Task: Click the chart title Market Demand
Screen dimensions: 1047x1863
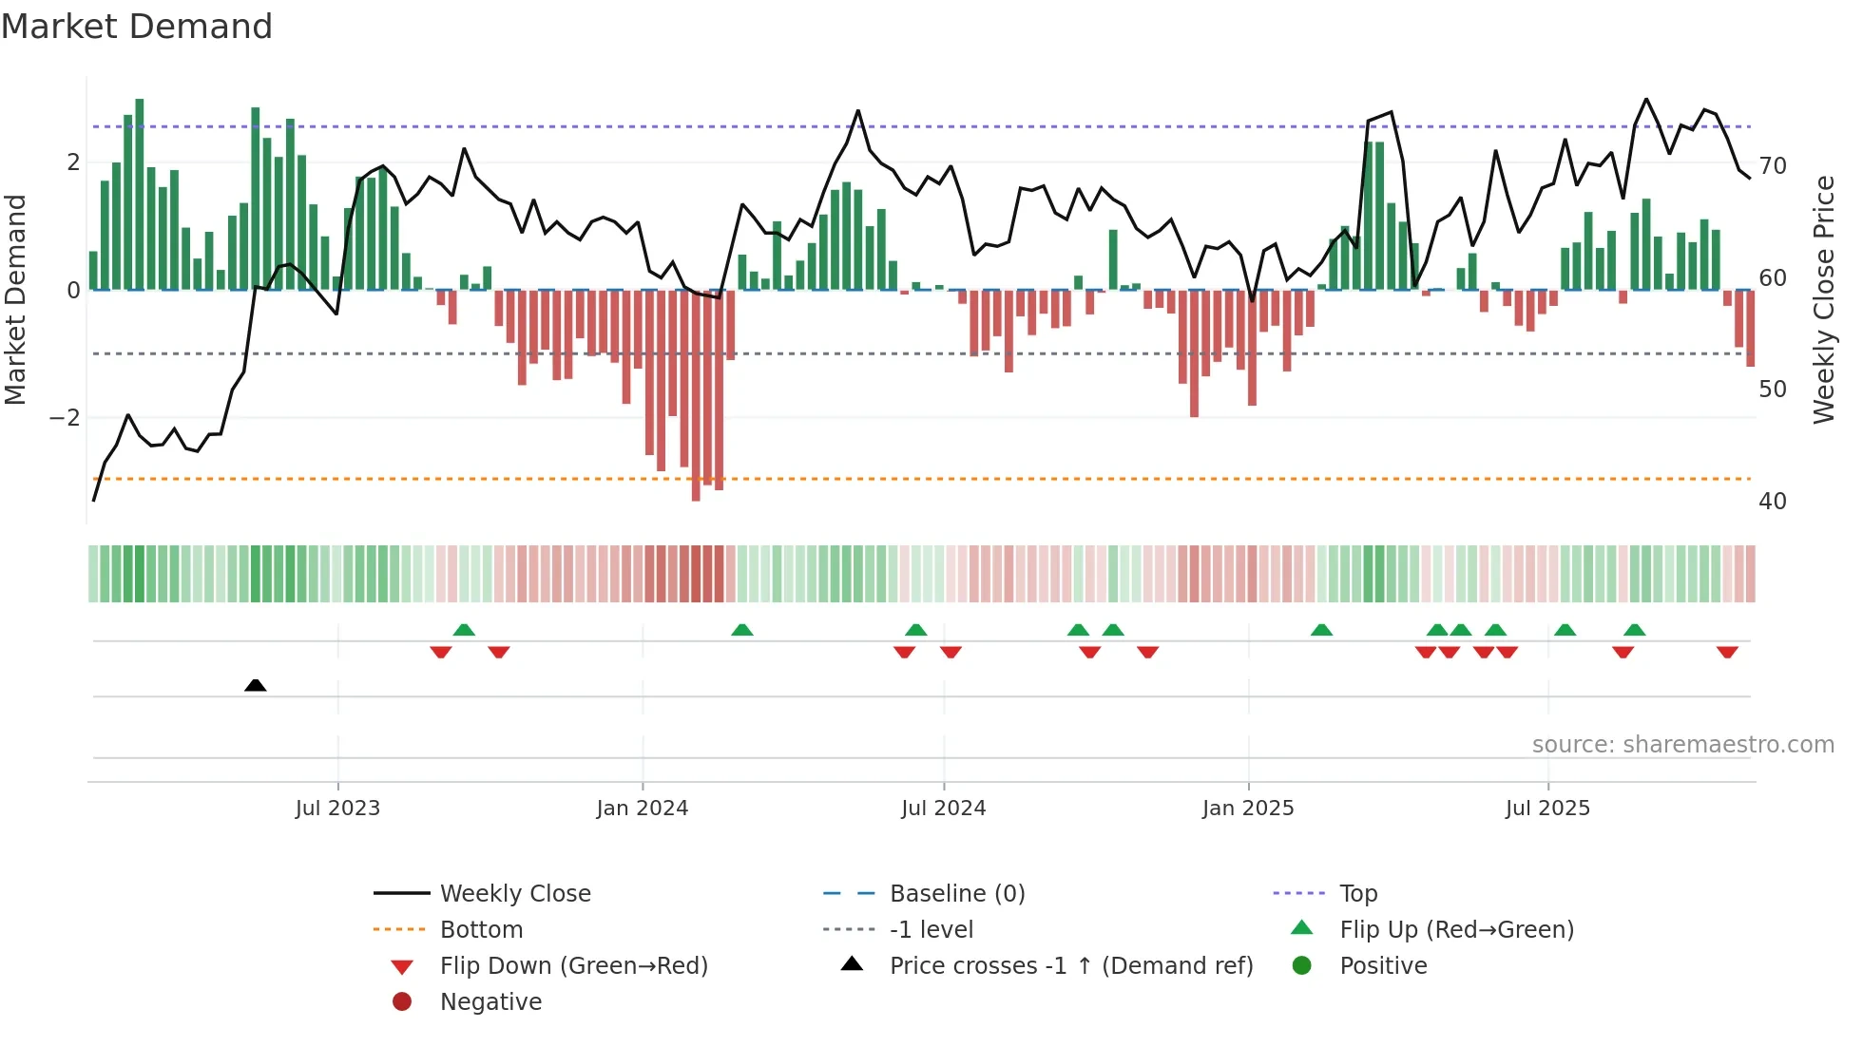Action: click(137, 27)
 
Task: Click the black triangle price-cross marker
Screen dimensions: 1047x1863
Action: click(255, 685)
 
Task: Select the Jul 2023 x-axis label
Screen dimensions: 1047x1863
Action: click(337, 809)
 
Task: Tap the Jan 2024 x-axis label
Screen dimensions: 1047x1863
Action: click(642, 809)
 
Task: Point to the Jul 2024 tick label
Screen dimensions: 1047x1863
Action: click(943, 809)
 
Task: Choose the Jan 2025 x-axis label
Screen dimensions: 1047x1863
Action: click(1247, 809)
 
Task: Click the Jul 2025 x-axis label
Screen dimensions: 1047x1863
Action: click(1547, 809)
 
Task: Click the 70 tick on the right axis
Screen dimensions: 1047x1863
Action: click(1773, 166)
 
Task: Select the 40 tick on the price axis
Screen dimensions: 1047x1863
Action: click(1773, 502)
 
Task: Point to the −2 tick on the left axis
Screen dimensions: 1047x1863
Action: click(65, 418)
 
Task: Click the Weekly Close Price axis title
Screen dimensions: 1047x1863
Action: click(1823, 299)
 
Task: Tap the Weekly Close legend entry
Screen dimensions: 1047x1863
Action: click(514, 894)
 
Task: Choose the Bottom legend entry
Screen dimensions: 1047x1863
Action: click(481, 930)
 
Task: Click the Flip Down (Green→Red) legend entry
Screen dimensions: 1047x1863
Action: click(573, 966)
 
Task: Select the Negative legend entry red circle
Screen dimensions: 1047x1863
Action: click(402, 1002)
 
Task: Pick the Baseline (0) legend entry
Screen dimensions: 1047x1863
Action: click(956, 894)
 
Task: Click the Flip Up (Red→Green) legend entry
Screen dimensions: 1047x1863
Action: click(1456, 930)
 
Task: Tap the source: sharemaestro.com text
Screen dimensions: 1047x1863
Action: click(1682, 745)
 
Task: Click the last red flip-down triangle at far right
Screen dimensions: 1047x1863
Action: click(1727, 652)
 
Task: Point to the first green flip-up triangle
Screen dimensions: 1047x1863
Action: click(464, 630)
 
